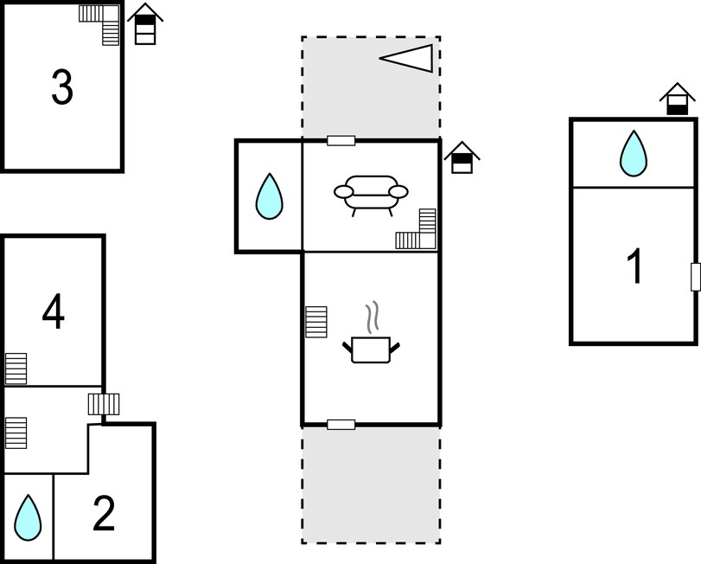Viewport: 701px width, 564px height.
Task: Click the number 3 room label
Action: pos(62,87)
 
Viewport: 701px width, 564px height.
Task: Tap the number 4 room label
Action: pos(54,311)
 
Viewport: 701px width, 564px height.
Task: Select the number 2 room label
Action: pos(104,514)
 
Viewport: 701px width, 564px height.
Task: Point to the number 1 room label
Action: pos(634,266)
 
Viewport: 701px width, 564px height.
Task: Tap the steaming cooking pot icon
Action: pos(371,332)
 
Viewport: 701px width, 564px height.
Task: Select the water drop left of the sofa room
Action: pos(269,195)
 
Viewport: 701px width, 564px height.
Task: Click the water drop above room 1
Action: pos(633,153)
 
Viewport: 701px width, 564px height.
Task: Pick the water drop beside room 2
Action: pos(28,517)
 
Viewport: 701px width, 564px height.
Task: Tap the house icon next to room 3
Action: pos(145,24)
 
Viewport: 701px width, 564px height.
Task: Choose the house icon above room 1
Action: pos(678,99)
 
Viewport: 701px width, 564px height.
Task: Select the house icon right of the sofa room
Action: pos(462,157)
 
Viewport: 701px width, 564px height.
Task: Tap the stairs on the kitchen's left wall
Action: pos(316,322)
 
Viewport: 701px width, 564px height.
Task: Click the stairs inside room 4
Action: pos(16,369)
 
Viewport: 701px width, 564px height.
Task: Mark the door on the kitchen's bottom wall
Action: pos(341,425)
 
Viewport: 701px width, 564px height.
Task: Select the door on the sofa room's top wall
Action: pos(341,141)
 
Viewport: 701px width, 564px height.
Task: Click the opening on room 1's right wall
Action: pos(696,278)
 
